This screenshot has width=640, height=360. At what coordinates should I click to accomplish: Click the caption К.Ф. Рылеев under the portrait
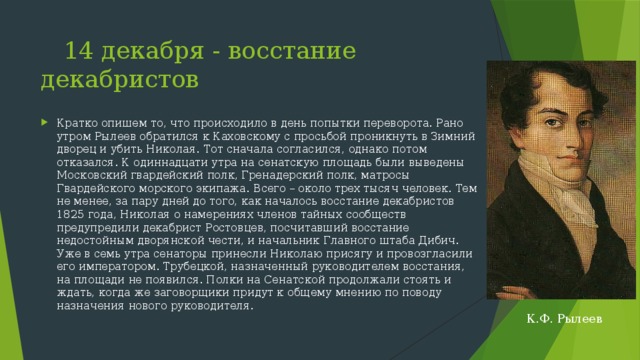565,318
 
